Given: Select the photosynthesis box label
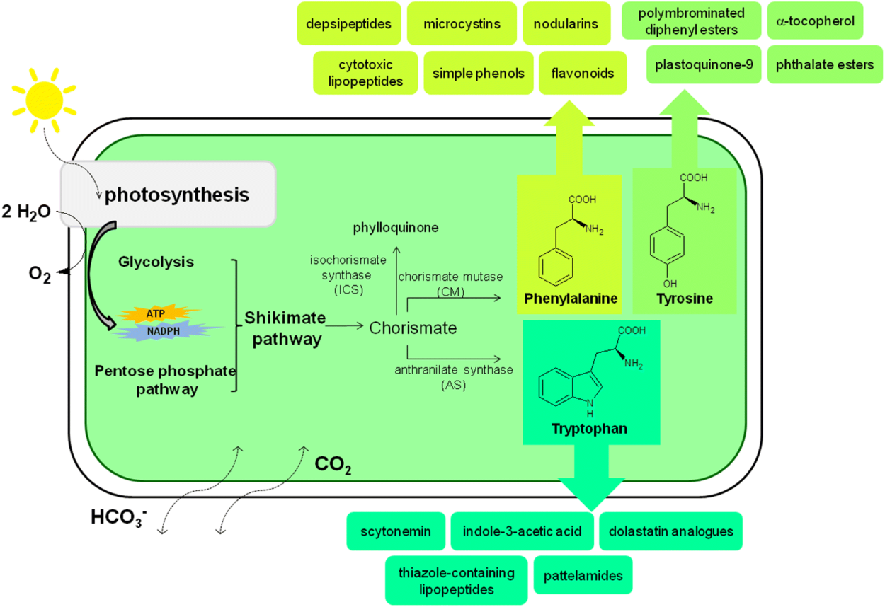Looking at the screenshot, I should coord(177,195).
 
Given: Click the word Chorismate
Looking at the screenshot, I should coord(413,328).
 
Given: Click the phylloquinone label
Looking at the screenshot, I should coord(396,228).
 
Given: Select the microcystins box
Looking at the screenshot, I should coord(462,24).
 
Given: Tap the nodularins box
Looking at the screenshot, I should coord(565,24).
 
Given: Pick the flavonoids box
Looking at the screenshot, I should coord(582,73).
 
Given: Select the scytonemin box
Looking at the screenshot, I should coord(396,531).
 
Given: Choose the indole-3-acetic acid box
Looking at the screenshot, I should coord(523,531).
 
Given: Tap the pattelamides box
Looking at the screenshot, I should coord(583,575).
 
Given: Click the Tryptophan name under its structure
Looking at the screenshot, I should coord(589,429).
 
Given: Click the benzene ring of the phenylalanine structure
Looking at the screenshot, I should coord(552,270).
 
